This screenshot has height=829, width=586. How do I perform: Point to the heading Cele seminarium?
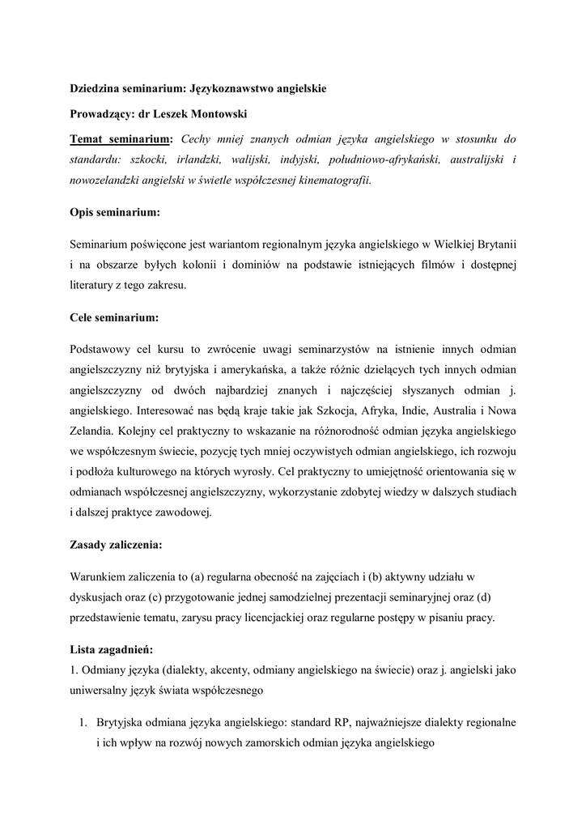pyautogui.click(x=114, y=317)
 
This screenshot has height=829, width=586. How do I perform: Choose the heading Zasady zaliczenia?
pyautogui.click(x=121, y=545)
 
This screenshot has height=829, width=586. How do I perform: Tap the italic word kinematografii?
pyautogui.click(x=333, y=181)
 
